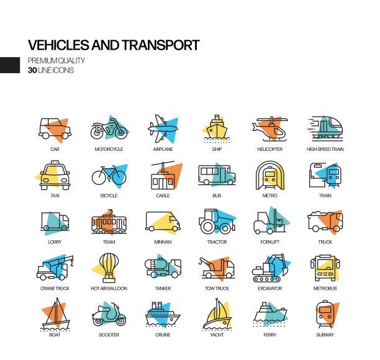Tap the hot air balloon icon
109,268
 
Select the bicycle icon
109,176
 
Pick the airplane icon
163,130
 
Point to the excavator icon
269,268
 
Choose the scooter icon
109,314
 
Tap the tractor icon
217,222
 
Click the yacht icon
217,314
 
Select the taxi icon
55,176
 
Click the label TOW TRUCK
217,289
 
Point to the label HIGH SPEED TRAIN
325,150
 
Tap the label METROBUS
325,289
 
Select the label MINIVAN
163,242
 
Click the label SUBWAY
325,335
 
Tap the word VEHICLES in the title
58,45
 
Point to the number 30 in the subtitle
32,70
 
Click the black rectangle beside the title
10,65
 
